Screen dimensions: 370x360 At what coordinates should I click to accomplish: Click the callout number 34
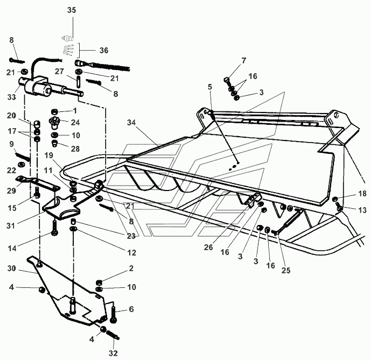tap(131, 123)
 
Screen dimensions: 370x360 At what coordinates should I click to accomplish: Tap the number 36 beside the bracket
tap(104, 51)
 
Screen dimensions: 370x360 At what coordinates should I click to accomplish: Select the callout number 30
tap(11, 269)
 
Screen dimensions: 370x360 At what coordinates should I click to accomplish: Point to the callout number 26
tap(208, 248)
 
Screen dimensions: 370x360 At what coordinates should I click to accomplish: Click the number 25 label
tap(286, 271)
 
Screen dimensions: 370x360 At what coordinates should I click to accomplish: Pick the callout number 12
tap(131, 253)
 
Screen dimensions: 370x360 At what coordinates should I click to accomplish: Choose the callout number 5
tap(210, 87)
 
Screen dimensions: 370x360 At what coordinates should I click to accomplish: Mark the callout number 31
tap(11, 225)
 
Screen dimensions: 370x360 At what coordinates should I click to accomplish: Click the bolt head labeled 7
tap(226, 80)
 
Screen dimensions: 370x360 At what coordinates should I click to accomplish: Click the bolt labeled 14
tap(54, 227)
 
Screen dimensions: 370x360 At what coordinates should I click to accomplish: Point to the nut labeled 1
tap(54, 111)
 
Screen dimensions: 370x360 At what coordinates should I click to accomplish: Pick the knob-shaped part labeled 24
tap(54, 123)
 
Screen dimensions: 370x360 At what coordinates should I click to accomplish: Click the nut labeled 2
tap(99, 282)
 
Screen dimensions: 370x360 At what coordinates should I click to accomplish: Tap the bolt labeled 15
tap(37, 193)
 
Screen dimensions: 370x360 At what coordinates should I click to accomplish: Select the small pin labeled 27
tap(78, 81)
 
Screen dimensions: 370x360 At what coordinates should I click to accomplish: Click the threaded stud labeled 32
tap(113, 335)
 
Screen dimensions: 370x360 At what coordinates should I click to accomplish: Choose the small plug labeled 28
tap(55, 143)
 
